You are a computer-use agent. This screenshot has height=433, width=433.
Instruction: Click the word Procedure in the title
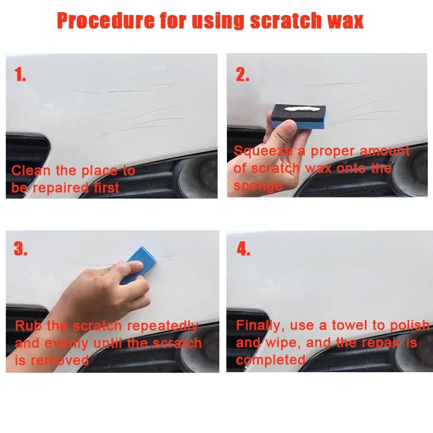106,21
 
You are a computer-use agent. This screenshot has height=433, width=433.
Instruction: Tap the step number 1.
20,74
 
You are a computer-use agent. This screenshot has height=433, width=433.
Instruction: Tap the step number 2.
242,74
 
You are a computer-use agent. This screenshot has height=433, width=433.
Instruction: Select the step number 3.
20,248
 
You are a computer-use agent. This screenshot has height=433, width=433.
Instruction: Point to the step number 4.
243,249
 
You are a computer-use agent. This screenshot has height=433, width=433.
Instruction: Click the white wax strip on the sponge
299,109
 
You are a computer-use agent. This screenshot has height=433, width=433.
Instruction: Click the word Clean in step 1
31,170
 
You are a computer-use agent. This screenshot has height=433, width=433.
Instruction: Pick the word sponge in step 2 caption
258,186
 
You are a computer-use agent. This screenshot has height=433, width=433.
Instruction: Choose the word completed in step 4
271,360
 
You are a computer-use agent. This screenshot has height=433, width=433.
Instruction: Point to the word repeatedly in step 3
162,326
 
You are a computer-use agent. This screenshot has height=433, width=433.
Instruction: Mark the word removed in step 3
59,360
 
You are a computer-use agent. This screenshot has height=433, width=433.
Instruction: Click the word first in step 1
107,188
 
